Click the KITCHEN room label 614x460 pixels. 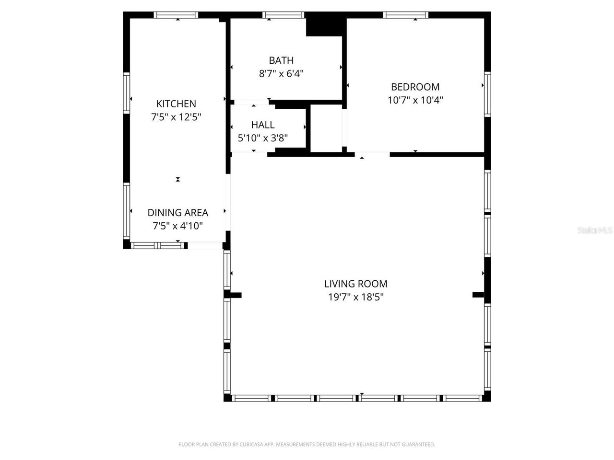click(x=176, y=103)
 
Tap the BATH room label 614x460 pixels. click(x=281, y=60)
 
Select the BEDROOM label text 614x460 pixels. click(x=415, y=87)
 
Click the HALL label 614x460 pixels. click(x=263, y=125)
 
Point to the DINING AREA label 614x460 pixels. click(x=177, y=213)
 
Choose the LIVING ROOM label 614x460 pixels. click(x=355, y=284)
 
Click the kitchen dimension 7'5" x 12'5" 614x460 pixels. click(x=176, y=116)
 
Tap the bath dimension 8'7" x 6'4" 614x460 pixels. click(x=281, y=73)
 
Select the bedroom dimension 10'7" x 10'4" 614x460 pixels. click(x=415, y=100)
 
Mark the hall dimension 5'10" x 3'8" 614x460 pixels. click(x=263, y=138)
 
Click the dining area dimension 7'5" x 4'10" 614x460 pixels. click(x=177, y=226)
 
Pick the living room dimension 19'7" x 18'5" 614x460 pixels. click(x=355, y=297)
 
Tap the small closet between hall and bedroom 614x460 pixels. click(x=326, y=128)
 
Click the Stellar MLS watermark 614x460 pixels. click(x=595, y=230)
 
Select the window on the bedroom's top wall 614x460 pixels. click(x=406, y=15)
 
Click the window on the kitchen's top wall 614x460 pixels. click(x=176, y=15)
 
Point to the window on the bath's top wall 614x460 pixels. click(x=284, y=15)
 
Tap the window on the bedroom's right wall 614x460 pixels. click(x=487, y=94)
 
